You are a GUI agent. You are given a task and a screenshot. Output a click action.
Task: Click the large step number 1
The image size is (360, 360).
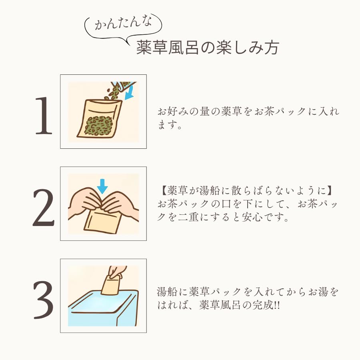[x=44, y=116]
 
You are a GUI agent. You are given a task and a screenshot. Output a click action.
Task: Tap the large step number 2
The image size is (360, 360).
[x=44, y=208]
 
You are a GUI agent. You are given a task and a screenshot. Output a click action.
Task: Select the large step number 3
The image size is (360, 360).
[x=44, y=300]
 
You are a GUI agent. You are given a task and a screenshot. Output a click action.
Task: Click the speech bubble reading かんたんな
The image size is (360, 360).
[x=123, y=25]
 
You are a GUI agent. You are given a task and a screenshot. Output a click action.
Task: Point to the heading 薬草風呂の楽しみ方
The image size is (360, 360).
[x=208, y=48]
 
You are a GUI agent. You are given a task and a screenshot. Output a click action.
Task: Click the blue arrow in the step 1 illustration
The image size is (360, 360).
[x=130, y=93]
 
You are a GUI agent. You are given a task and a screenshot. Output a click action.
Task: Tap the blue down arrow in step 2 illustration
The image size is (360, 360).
[x=102, y=186]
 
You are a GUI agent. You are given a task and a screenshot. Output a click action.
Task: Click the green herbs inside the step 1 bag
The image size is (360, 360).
[x=99, y=125]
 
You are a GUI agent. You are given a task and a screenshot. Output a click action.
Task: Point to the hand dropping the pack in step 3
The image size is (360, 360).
[x=117, y=272]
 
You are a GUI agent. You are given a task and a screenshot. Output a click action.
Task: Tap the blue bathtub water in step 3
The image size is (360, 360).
[x=101, y=303]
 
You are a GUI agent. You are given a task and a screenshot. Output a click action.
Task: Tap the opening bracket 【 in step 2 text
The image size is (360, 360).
[x=163, y=190]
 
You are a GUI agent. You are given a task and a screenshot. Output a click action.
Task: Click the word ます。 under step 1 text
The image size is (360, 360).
[x=170, y=125]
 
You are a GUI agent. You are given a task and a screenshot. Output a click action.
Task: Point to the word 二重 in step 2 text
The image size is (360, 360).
[x=188, y=217]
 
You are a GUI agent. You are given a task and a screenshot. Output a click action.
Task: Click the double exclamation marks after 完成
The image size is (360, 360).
[x=277, y=305]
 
